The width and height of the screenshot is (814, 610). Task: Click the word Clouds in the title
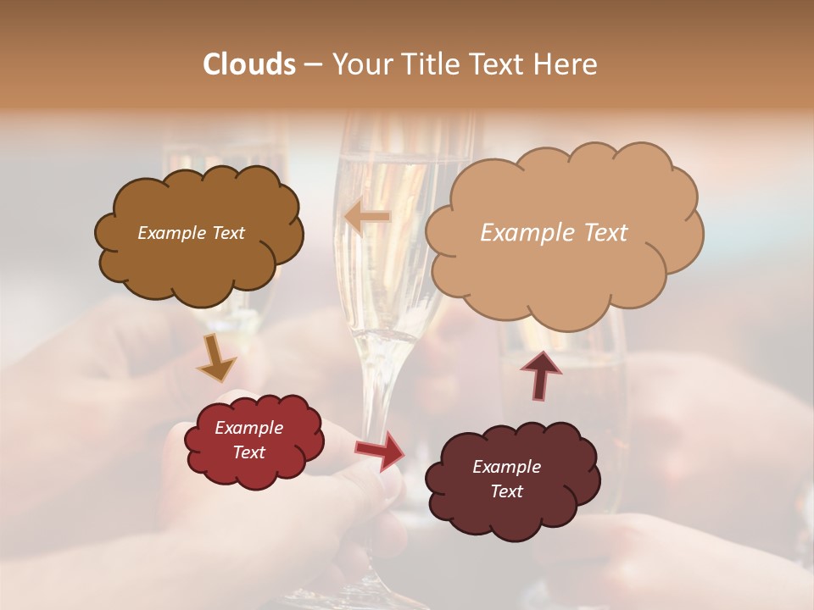[248, 64]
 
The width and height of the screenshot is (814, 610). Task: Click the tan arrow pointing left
[367, 218]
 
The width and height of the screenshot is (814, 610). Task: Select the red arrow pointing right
[381, 449]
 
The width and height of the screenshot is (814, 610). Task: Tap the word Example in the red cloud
[248, 428]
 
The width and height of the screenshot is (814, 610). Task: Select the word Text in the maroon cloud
[506, 491]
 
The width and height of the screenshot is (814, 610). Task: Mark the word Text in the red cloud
[248, 452]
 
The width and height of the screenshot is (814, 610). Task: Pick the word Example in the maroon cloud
[506, 467]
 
